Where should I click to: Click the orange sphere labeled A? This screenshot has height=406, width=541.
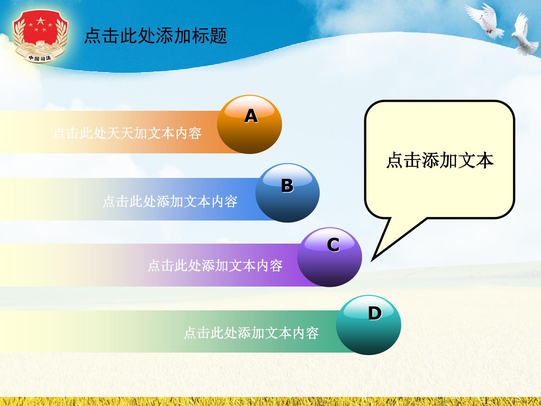250,125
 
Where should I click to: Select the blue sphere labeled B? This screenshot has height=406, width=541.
287,193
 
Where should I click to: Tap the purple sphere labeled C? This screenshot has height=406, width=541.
330,257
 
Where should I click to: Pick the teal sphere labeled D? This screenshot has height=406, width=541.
369,325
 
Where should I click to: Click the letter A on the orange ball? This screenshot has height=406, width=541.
251,116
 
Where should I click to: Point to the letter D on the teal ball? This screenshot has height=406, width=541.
375,313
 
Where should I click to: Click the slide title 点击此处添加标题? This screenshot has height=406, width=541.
155,36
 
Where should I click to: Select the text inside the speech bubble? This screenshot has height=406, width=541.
440,160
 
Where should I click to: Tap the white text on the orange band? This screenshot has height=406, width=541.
127,134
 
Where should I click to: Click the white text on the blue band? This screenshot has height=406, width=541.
170,201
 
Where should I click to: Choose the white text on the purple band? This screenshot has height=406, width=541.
215,266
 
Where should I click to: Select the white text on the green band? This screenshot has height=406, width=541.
251,333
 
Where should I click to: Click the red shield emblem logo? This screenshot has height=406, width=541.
40,36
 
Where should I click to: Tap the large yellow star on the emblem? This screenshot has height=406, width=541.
40,21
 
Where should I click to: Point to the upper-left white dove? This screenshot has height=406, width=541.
484,21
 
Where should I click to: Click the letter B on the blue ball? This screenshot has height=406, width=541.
287,185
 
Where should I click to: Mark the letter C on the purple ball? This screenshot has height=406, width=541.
333,245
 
